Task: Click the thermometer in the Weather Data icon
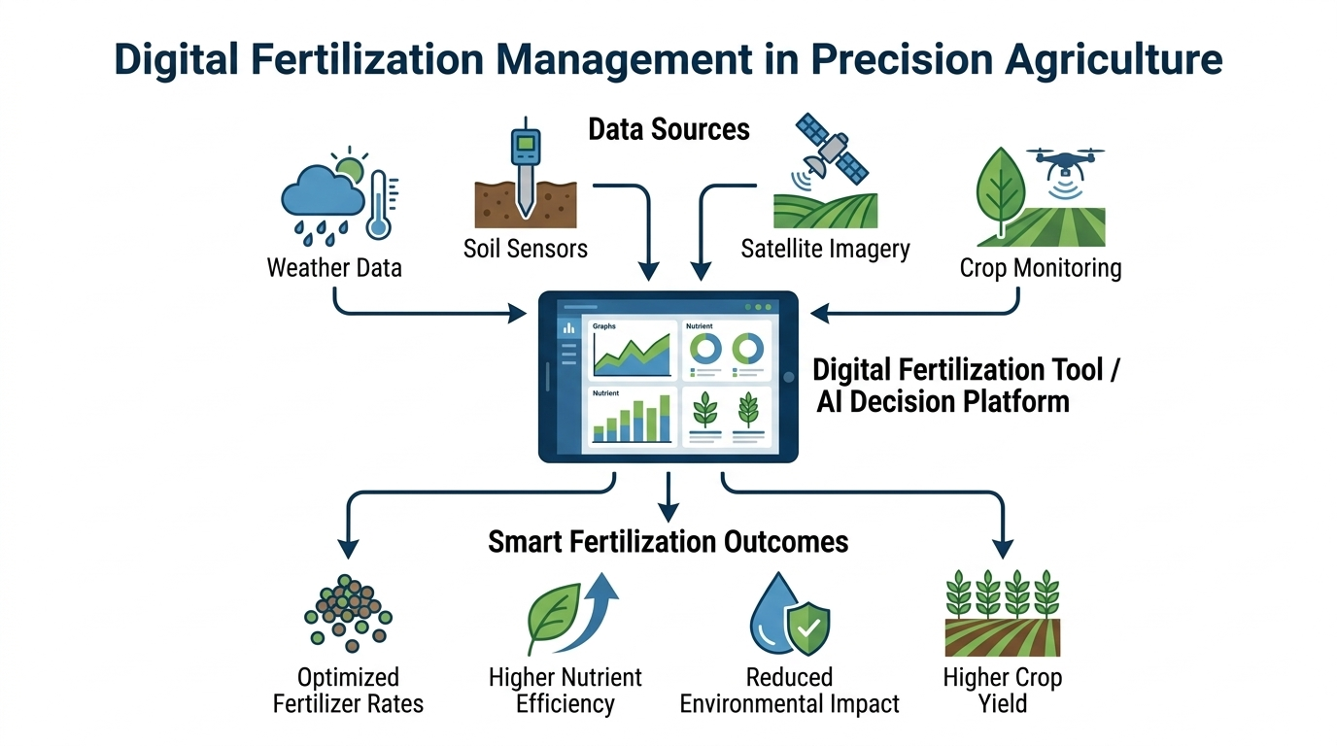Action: pyautogui.click(x=378, y=206)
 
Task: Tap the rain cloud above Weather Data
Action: pyautogui.click(x=323, y=191)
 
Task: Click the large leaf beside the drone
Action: pyautogui.click(x=1001, y=189)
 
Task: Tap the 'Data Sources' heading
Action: pyautogui.click(x=668, y=129)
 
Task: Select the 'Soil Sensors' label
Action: pyautogui.click(x=526, y=249)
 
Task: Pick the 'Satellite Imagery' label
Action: pyautogui.click(x=826, y=249)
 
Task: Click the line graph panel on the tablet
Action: pyautogui.click(x=633, y=350)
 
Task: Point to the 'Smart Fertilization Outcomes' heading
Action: pyautogui.click(x=668, y=542)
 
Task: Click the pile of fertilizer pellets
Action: pyautogui.click(x=348, y=613)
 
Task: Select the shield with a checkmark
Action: pyautogui.click(x=808, y=627)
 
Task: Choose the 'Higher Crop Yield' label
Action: pyautogui.click(x=1003, y=691)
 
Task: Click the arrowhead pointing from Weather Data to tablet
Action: pyautogui.click(x=517, y=313)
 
